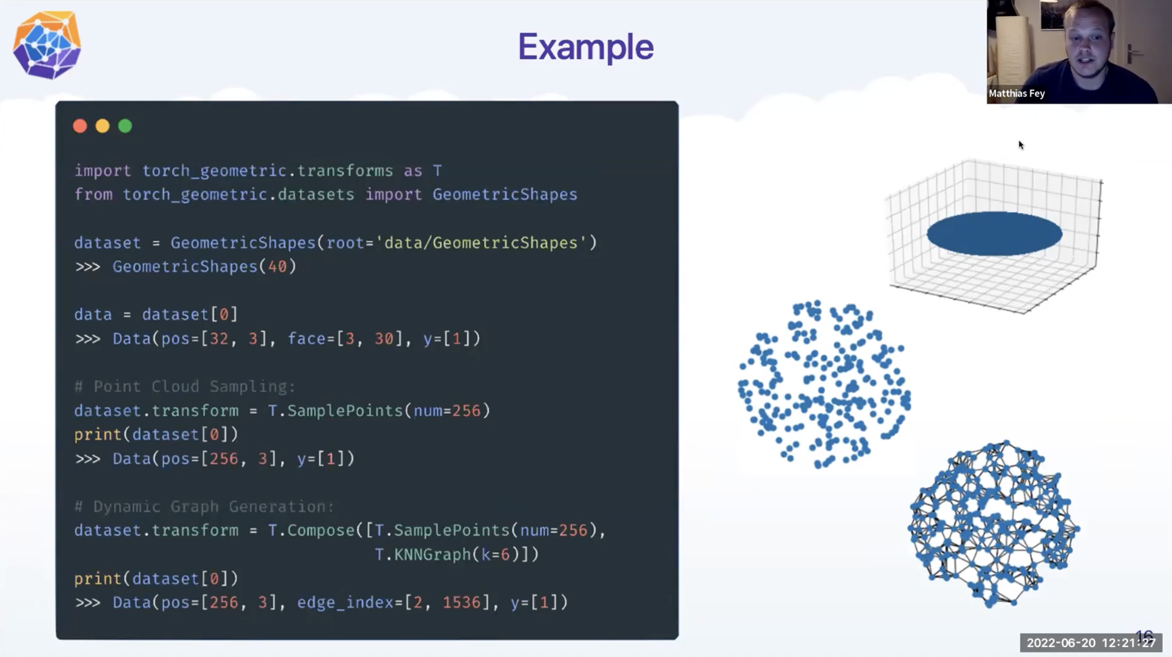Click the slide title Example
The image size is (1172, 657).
586,47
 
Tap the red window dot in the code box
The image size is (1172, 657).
80,126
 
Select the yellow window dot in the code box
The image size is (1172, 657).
102,126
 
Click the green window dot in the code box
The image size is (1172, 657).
125,126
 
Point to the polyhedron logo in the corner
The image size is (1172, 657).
47,45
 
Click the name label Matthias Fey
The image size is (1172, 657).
1016,94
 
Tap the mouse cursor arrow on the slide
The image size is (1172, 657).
1021,145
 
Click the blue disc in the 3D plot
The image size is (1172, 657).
994,233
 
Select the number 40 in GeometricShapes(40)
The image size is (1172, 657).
277,266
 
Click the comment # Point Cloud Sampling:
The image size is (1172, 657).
185,386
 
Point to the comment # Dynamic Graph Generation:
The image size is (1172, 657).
204,506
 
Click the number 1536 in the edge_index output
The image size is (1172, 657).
462,602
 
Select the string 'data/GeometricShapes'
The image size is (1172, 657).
485,243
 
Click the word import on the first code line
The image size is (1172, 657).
102,171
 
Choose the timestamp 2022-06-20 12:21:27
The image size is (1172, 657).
1090,643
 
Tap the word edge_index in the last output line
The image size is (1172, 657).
345,602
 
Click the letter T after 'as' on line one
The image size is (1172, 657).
437,171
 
